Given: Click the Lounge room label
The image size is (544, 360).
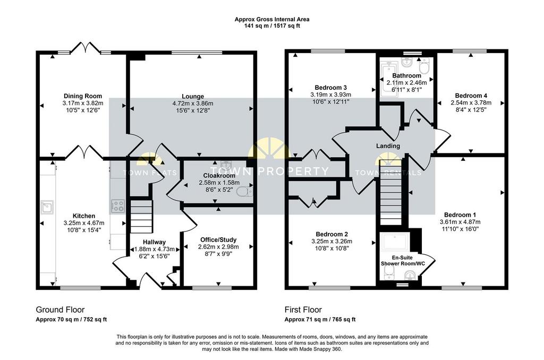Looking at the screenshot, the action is click(x=193, y=97).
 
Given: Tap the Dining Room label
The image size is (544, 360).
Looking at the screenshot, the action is click(x=83, y=96).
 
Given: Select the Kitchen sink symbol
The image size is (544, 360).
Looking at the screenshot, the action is click(x=47, y=207).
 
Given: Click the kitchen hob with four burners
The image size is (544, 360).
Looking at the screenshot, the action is click(x=118, y=206).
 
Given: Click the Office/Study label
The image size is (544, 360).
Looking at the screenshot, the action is click(x=218, y=239).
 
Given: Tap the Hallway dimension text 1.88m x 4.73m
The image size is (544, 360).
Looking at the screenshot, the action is click(x=155, y=249).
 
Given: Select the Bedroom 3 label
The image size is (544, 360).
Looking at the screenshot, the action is click(x=330, y=88).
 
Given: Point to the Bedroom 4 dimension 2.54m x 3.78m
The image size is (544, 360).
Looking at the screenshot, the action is click(x=471, y=102).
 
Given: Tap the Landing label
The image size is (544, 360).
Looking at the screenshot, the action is click(x=388, y=146).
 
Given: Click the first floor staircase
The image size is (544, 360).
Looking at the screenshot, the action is click(x=390, y=193).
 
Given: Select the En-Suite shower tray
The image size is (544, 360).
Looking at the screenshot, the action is click(x=395, y=242).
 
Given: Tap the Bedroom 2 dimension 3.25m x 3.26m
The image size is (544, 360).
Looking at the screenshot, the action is click(x=331, y=242).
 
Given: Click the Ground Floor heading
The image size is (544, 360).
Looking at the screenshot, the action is click(x=61, y=310).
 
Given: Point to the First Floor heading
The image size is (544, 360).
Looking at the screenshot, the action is click(x=303, y=310).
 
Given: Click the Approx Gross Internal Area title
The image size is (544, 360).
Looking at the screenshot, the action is click(x=272, y=20).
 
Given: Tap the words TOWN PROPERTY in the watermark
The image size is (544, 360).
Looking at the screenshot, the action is click(x=269, y=171).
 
